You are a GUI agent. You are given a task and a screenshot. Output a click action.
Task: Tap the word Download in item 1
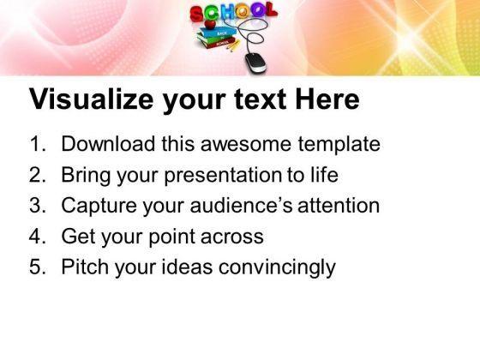coord(108,144)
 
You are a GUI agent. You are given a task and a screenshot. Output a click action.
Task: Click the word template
coord(339,145)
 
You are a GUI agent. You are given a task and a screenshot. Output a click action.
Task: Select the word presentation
coord(223,176)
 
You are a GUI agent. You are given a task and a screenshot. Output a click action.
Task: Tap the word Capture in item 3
coord(99,206)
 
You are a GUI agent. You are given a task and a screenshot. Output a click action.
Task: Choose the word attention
coord(339,206)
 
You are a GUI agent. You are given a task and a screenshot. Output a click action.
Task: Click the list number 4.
coord(38,237)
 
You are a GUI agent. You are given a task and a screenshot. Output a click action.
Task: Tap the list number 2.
coord(38,175)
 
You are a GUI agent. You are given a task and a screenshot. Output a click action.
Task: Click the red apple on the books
coord(210,24)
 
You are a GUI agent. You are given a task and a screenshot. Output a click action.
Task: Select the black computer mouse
coord(256,63)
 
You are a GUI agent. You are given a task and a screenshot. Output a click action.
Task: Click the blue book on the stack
coord(218,33)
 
